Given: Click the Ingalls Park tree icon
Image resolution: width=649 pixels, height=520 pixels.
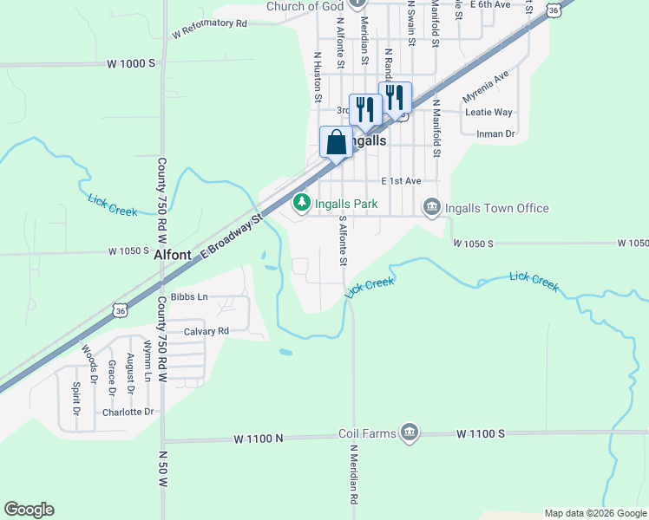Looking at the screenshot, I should click(301, 202).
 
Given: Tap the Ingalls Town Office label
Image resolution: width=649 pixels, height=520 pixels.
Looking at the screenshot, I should click(496, 208).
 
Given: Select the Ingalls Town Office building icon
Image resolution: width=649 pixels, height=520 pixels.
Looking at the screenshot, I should click(431, 207).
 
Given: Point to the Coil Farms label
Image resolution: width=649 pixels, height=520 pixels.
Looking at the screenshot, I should click(367, 432).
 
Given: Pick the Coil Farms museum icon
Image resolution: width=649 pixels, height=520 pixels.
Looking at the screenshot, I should click(410, 432).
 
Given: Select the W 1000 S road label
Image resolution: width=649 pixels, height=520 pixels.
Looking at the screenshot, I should click(131, 63).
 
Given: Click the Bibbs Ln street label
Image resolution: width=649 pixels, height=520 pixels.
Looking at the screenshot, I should click(189, 296).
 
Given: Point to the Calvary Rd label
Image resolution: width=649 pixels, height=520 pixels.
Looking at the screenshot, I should click(206, 331).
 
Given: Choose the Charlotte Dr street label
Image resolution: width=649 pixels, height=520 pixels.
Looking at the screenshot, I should click(128, 412).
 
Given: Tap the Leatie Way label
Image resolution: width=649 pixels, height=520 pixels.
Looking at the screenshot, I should click(489, 113).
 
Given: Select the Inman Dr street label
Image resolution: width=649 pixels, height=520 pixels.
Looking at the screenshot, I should click(496, 133).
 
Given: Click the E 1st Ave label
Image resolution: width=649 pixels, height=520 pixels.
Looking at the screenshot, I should click(401, 181).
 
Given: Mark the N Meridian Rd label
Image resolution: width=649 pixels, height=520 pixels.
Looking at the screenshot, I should click(354, 475).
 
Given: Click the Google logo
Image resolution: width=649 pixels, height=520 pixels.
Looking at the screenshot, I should click(29, 510).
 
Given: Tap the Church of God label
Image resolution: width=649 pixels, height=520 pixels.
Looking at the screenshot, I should click(305, 6).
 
